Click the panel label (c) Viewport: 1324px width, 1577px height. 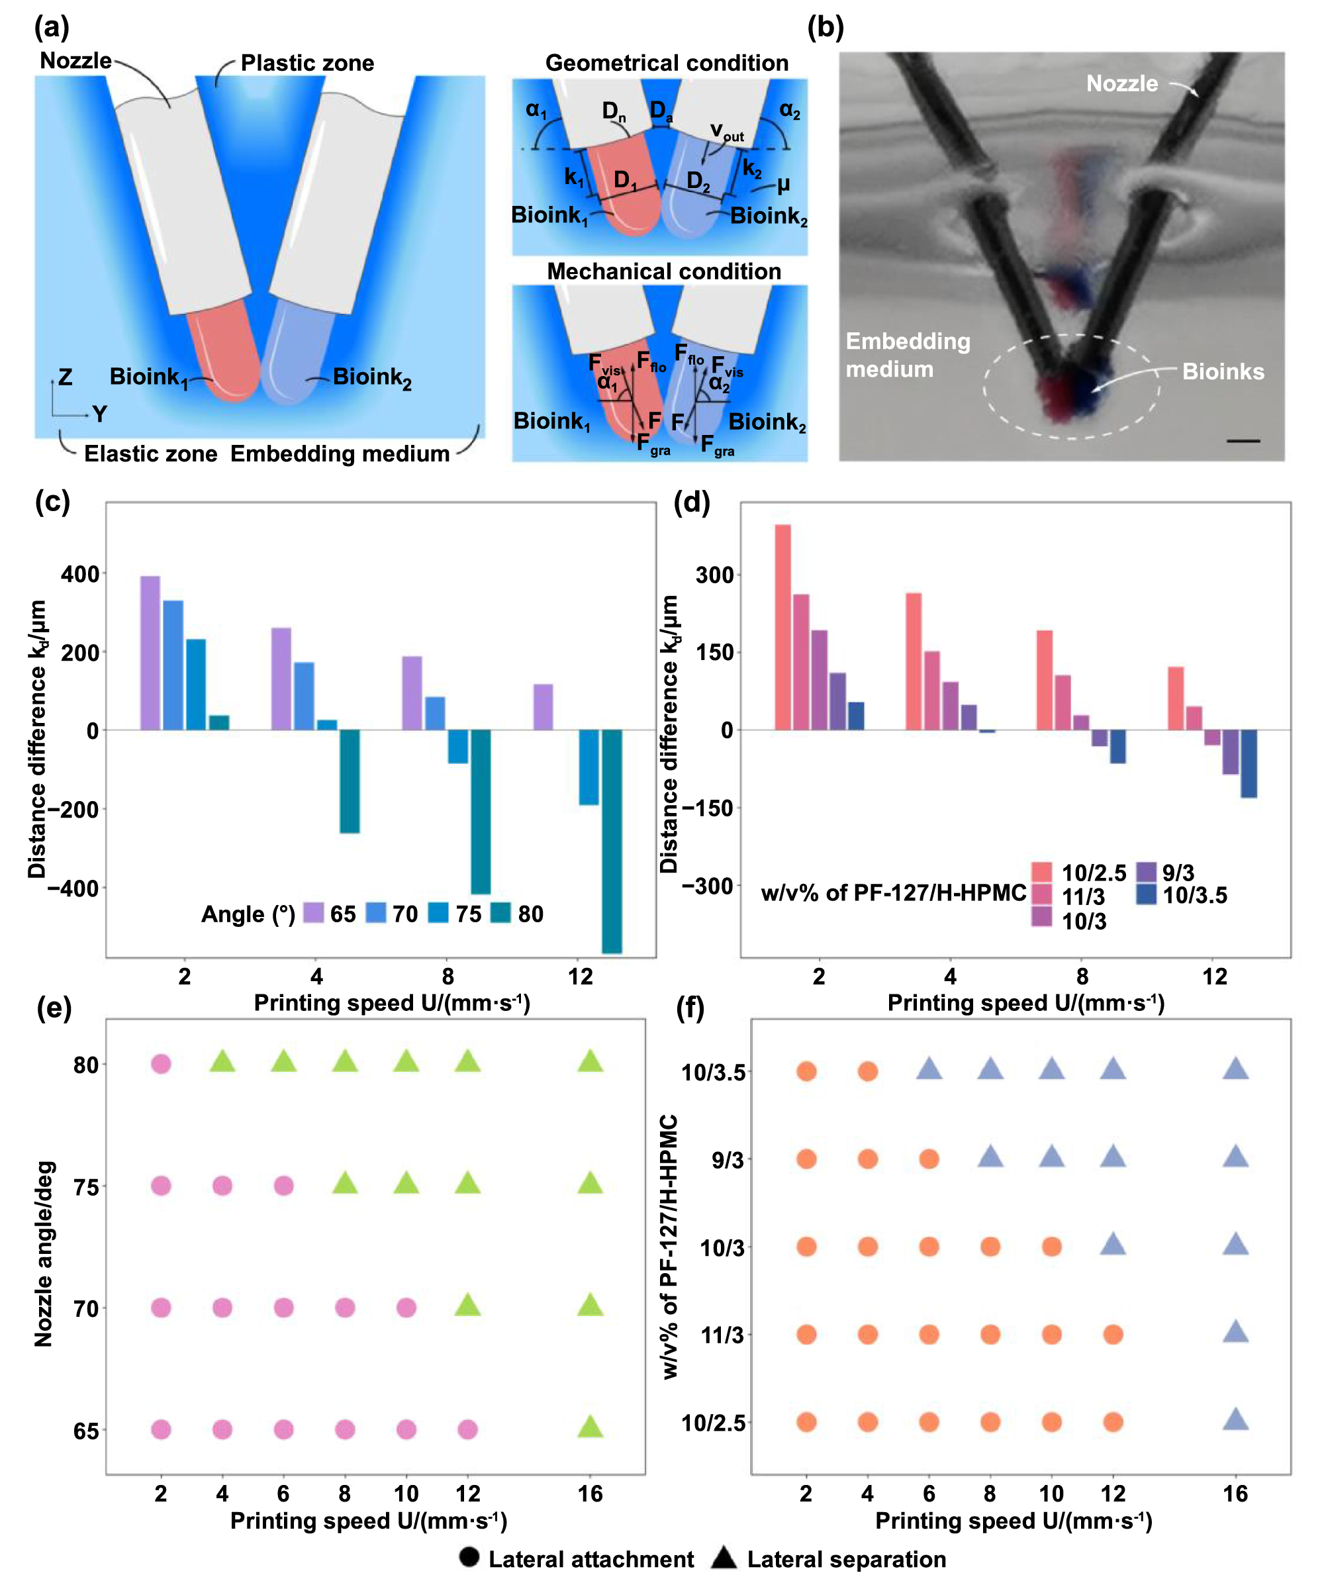click(x=52, y=502)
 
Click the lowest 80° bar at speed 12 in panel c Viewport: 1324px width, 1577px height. click(x=612, y=841)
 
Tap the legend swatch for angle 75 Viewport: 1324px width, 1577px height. click(x=438, y=913)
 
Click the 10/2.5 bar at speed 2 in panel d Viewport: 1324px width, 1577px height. click(x=782, y=626)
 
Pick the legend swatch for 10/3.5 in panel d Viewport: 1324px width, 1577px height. click(x=1146, y=894)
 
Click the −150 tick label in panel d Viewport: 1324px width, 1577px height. click(x=706, y=808)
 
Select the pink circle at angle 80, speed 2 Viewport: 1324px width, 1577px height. click(x=161, y=1063)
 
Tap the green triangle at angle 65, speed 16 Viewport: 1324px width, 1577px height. click(x=591, y=1427)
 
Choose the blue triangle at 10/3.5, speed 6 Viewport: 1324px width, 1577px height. click(x=929, y=1069)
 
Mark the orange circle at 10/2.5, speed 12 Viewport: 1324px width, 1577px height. click(x=1113, y=1421)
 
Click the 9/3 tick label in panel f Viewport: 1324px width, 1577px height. click(x=727, y=1160)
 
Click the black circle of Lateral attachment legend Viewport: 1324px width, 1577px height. click(x=469, y=1556)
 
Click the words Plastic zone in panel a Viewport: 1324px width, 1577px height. click(x=307, y=63)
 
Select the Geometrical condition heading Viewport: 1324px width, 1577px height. click(x=666, y=63)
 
